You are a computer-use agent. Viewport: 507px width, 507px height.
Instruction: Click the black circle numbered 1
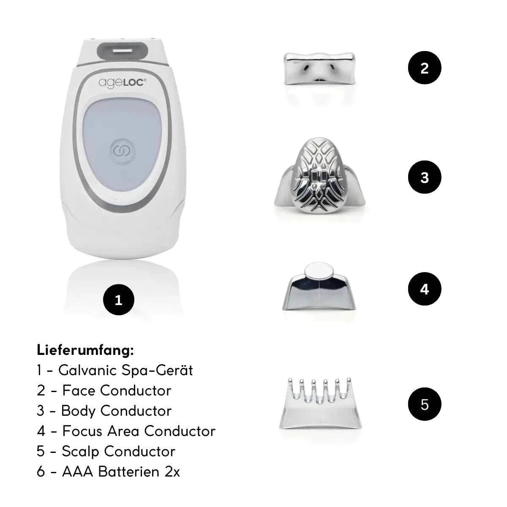tap(118, 300)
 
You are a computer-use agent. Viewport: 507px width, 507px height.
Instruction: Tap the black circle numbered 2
tap(424, 68)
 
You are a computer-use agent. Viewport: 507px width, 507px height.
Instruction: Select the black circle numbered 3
tap(424, 177)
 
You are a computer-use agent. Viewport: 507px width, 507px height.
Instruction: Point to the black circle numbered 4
tap(424, 289)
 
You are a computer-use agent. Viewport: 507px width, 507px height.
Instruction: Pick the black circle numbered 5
tap(424, 404)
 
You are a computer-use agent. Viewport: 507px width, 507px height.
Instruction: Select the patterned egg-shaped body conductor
tap(319, 175)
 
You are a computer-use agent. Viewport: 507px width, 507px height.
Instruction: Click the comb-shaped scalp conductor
tap(320, 404)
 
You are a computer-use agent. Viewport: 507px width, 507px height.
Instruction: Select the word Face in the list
tap(79, 390)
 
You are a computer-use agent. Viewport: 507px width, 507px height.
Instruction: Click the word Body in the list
tap(78, 411)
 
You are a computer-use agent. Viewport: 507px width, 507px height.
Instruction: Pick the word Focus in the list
tap(82, 431)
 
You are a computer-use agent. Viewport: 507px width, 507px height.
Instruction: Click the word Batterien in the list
tap(128, 472)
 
